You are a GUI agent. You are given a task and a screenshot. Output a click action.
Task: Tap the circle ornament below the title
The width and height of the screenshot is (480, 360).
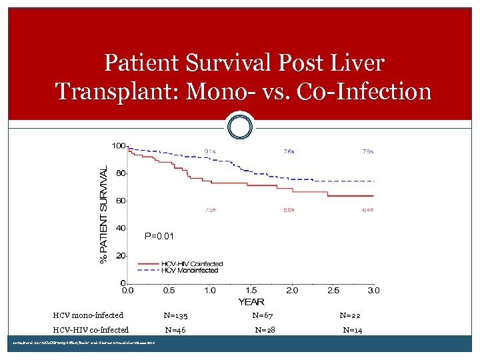(x=240, y=126)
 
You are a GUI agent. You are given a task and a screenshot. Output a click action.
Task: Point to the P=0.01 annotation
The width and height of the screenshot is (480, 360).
(x=159, y=236)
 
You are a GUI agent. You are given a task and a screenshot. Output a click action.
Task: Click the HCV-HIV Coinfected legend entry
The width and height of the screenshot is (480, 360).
(x=192, y=264)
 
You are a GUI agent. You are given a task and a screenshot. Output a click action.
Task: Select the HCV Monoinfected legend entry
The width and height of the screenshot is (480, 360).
(x=190, y=271)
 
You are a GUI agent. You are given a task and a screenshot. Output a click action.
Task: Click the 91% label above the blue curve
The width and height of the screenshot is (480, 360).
(x=209, y=151)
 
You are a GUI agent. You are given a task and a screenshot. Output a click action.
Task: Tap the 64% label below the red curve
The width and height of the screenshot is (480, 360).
(x=367, y=210)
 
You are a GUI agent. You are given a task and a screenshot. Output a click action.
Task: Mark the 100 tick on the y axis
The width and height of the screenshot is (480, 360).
(x=119, y=146)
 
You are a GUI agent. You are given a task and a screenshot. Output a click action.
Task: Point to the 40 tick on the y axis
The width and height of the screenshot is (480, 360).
(x=121, y=228)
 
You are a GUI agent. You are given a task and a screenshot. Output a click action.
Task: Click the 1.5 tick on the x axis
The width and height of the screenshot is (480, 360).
(x=251, y=290)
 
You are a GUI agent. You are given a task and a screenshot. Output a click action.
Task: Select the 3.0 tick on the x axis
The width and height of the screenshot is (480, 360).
(x=373, y=290)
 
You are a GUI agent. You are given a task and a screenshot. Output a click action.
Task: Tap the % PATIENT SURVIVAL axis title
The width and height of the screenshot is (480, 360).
(x=105, y=214)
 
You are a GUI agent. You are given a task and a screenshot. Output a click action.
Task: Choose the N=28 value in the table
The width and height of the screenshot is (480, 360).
(x=265, y=330)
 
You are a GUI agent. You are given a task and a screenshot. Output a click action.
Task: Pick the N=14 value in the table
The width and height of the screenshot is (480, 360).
(x=353, y=330)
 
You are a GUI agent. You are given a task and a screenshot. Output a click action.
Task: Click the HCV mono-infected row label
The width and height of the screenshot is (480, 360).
(x=88, y=315)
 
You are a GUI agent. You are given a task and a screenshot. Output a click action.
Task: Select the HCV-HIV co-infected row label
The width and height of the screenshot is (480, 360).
(x=91, y=330)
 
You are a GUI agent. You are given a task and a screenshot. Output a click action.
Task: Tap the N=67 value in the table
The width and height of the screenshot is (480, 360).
(x=263, y=315)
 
